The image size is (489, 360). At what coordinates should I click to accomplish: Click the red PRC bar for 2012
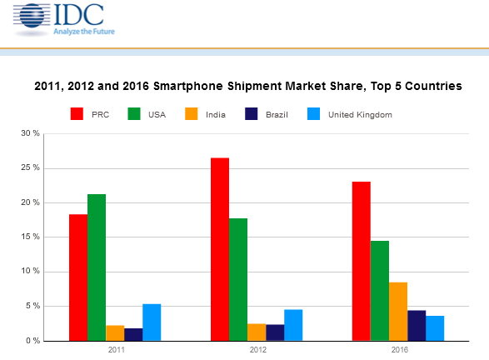220,249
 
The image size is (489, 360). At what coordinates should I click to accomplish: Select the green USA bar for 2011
97,267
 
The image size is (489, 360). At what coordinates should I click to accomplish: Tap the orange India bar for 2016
398,312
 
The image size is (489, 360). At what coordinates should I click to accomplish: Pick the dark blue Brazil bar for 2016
417,325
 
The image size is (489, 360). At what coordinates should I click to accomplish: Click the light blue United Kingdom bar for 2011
152,322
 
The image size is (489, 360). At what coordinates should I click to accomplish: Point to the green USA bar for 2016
380,291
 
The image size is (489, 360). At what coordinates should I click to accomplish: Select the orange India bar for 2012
257,332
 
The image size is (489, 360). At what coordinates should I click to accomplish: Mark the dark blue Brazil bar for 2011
133,334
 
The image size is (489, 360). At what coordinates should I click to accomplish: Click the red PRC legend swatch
77,114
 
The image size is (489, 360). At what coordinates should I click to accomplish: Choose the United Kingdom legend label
360,115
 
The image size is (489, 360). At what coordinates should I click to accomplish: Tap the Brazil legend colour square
252,114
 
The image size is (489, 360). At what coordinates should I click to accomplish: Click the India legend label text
216,115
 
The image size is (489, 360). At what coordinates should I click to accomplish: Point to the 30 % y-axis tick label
31,133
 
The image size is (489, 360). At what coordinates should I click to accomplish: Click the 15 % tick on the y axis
31,237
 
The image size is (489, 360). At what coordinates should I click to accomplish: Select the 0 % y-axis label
32,341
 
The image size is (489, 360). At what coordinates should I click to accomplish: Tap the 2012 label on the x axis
258,350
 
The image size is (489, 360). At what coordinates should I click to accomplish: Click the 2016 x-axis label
400,350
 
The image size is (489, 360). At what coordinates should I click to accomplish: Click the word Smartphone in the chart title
188,86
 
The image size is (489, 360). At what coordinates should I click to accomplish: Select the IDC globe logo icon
32,16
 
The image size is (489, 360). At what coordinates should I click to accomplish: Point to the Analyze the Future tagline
84,32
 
